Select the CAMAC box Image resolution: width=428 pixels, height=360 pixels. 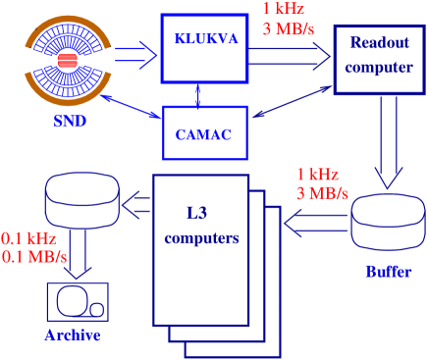click(204, 134)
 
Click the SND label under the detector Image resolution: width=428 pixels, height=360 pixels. click(72, 121)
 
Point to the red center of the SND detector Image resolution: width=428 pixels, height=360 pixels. click(68, 62)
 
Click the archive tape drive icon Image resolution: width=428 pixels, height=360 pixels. click(78, 301)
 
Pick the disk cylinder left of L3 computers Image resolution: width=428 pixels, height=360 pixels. click(82, 202)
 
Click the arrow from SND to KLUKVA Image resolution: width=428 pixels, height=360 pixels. click(138, 58)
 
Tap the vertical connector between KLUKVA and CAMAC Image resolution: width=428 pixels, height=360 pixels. click(199, 95)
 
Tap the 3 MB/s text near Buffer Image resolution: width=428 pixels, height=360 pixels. click(322, 192)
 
